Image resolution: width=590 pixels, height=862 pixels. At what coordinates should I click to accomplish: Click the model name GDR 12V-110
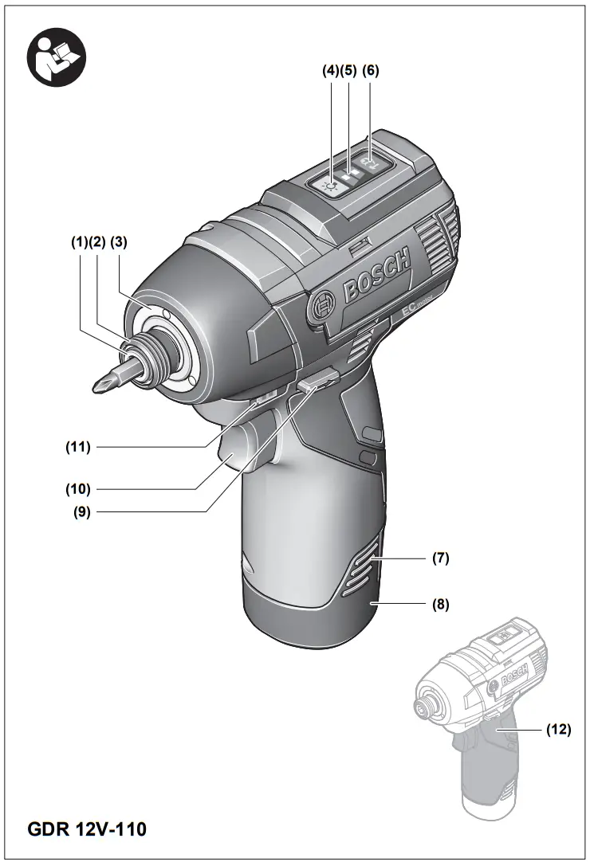point(88,829)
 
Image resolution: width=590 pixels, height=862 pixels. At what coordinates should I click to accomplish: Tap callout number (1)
point(79,241)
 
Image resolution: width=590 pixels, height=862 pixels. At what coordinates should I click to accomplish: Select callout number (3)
point(120,241)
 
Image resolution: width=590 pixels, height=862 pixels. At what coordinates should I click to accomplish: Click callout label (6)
point(371,70)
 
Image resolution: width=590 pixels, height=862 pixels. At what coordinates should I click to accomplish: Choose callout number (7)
point(441,558)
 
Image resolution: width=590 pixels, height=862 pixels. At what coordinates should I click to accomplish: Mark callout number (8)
point(441,604)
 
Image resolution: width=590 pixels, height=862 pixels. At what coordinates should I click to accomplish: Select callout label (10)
point(78,488)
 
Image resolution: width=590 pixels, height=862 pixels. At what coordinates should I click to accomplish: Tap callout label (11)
point(78,447)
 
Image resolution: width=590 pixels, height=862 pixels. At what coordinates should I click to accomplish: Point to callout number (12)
point(558,729)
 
